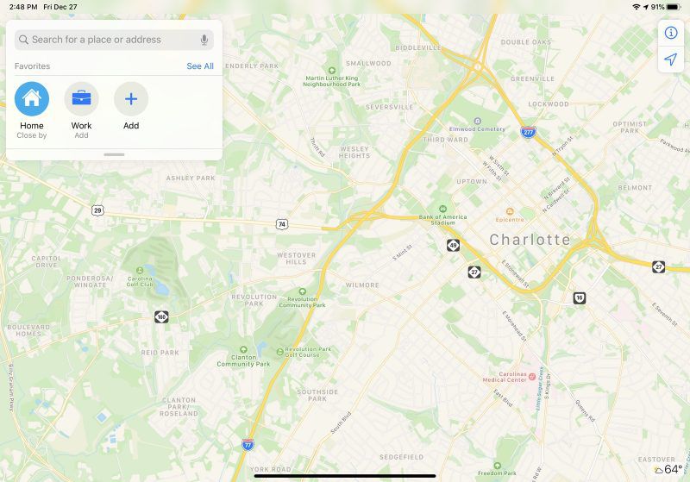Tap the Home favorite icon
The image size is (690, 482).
click(x=32, y=98)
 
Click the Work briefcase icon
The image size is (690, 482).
click(x=81, y=98)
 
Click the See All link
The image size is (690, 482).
click(x=200, y=66)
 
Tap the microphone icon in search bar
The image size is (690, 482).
click(x=204, y=40)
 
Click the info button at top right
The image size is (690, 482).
click(x=671, y=33)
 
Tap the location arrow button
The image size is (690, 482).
click(x=671, y=59)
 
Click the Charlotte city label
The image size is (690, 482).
click(x=530, y=240)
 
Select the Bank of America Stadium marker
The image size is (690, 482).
click(x=442, y=210)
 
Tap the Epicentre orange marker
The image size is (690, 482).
click(x=509, y=210)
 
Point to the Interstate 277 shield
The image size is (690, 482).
click(x=527, y=132)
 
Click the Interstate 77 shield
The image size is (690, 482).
click(x=248, y=445)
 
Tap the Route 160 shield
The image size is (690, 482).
click(x=161, y=317)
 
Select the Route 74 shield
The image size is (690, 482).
click(x=281, y=224)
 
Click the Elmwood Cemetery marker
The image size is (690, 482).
click(x=477, y=122)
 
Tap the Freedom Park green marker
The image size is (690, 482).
click(x=498, y=465)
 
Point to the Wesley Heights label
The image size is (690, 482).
click(x=354, y=152)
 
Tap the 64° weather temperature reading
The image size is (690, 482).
click(x=673, y=470)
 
